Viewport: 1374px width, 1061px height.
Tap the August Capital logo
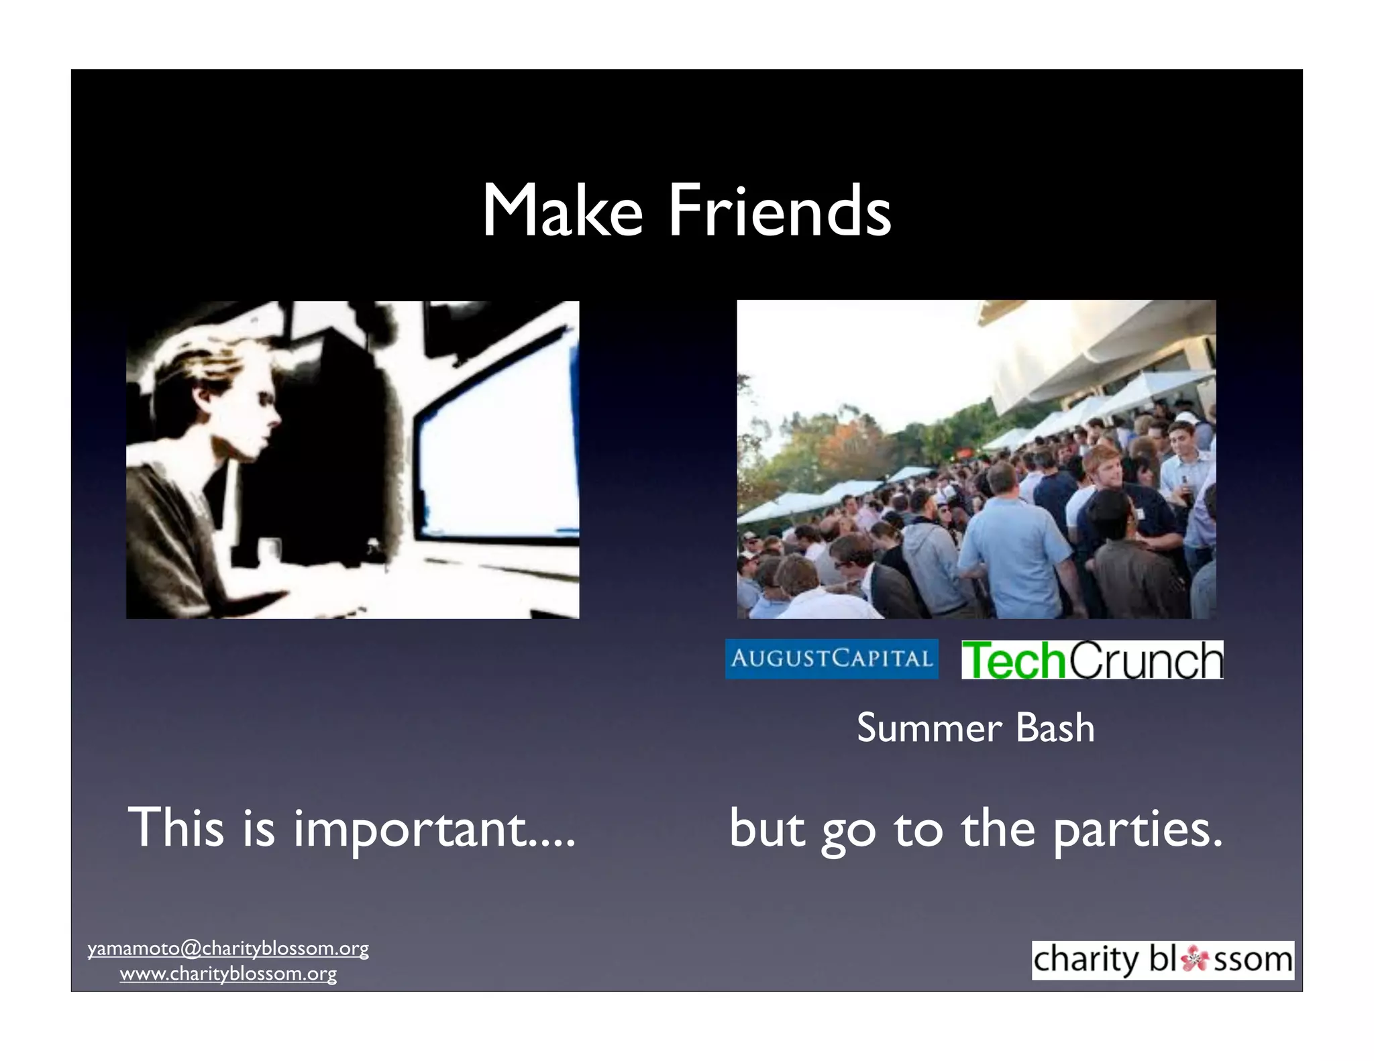pos(831,659)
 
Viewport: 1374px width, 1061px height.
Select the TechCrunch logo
pos(1092,660)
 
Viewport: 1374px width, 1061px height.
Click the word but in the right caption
pos(766,828)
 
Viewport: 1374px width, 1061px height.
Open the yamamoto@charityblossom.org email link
pos(228,948)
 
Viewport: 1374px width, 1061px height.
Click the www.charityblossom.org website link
pos(228,974)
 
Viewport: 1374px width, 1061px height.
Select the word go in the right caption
pos(849,832)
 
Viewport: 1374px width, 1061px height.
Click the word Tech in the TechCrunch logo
pos(1013,660)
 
